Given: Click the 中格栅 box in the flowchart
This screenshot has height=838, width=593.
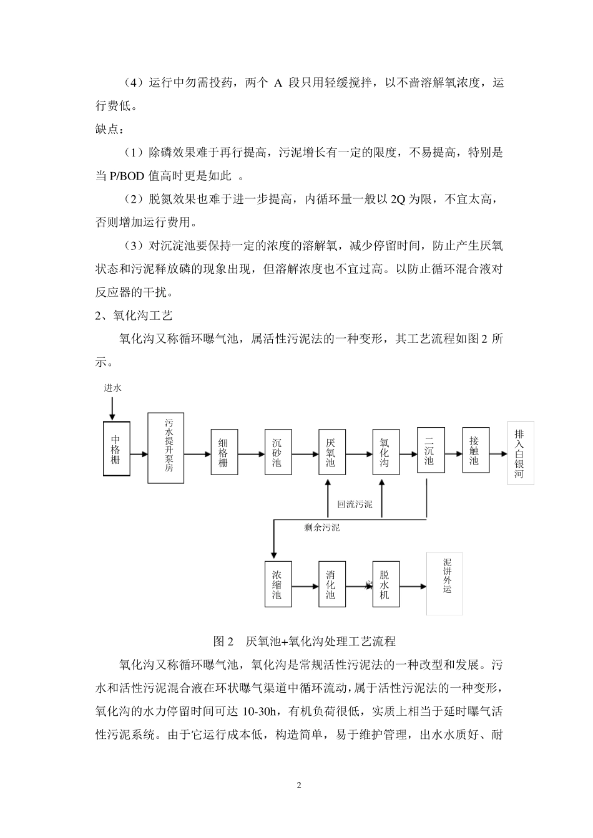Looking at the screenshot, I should click(x=116, y=449).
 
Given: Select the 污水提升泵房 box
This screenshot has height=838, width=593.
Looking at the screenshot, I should click(x=166, y=447).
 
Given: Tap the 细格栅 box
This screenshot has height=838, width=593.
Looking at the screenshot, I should click(x=223, y=452).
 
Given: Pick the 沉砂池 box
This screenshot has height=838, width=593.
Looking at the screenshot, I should click(x=277, y=452).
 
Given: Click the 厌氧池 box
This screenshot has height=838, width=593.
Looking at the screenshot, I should click(x=331, y=452).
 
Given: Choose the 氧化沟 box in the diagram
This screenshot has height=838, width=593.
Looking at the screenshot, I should click(x=385, y=452).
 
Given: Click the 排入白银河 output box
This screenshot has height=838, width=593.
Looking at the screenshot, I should click(x=520, y=455).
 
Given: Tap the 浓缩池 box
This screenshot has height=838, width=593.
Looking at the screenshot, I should click(x=277, y=584).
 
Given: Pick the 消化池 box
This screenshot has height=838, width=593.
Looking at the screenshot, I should click(x=331, y=584).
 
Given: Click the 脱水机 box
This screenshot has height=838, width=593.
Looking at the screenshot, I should click(x=385, y=584).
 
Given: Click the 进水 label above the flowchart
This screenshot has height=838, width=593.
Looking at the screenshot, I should click(x=113, y=388).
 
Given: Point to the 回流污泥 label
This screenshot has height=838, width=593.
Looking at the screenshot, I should click(x=355, y=504).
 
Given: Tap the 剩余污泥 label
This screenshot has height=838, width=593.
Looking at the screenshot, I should click(x=322, y=528).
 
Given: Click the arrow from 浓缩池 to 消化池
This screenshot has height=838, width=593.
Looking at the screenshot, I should click(x=304, y=586).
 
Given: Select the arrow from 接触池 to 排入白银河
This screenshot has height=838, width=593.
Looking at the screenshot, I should click(x=498, y=454).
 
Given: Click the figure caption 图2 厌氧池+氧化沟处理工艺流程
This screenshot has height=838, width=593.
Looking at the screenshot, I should click(x=305, y=640).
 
